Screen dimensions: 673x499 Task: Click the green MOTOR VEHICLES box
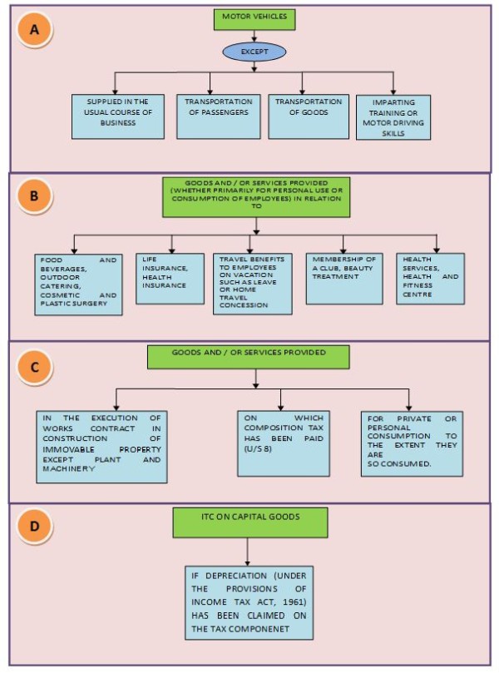click(254, 16)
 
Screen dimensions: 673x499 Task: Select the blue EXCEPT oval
click(253, 52)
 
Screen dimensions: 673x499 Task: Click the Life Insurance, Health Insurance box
click(170, 279)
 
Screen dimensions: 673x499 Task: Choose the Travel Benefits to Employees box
click(252, 284)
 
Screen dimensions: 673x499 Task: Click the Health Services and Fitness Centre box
click(430, 279)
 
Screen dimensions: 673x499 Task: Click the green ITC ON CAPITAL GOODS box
click(247, 522)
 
